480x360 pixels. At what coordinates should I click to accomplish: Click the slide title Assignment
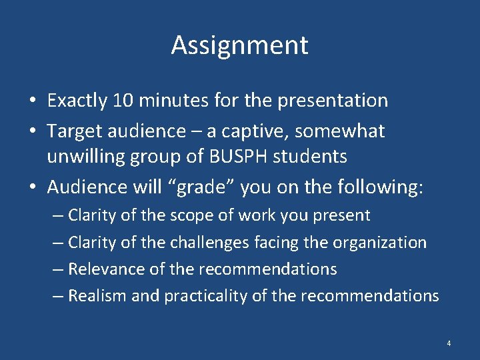239,45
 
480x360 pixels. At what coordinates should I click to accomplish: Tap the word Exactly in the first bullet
77,101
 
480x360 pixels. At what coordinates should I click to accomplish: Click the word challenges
203,243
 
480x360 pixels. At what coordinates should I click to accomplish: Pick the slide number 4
449,343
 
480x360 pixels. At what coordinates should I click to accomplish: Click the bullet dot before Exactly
32,101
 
